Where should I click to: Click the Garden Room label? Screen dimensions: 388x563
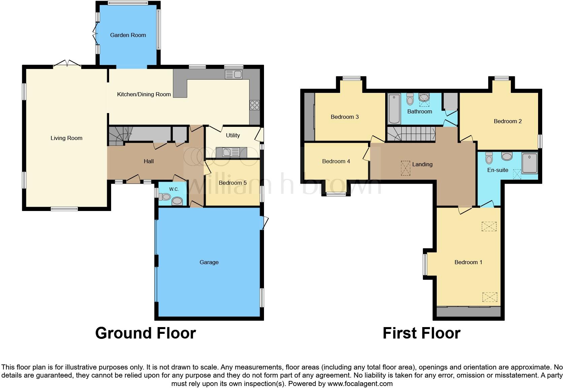(x=128, y=35)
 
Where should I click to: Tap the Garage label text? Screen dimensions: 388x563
(x=209, y=262)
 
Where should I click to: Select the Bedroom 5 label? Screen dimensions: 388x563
(x=233, y=183)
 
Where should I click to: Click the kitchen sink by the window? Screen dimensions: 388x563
(x=233, y=75)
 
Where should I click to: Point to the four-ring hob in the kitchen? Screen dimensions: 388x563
(x=255, y=105)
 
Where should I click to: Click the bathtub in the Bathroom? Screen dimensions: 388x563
(x=394, y=109)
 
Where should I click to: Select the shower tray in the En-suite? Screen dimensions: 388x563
(x=529, y=163)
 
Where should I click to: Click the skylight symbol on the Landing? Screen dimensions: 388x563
(x=406, y=168)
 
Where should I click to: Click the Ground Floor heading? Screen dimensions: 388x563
(x=145, y=333)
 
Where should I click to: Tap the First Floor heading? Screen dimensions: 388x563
(x=421, y=333)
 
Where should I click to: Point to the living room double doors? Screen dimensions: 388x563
(x=67, y=64)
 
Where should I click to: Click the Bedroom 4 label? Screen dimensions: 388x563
(x=336, y=161)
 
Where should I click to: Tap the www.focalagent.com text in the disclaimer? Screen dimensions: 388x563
(x=359, y=384)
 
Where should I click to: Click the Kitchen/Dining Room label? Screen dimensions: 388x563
(x=144, y=94)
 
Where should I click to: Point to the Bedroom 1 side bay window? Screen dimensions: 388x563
(x=425, y=264)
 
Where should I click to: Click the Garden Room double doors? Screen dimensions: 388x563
(x=95, y=35)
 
